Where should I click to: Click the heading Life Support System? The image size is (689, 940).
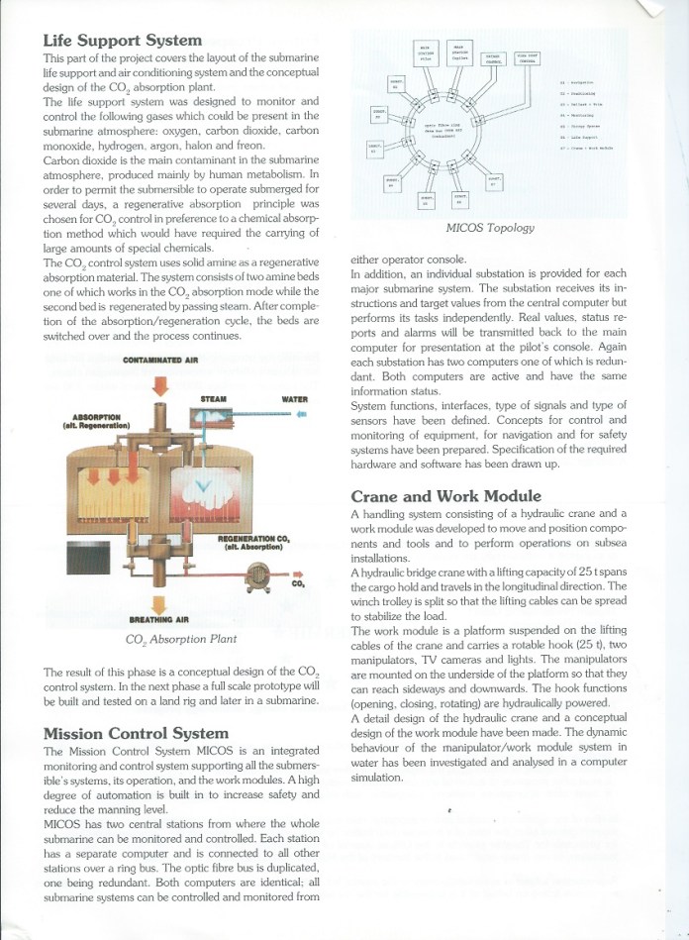[122, 41]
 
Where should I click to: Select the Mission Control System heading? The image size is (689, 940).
[135, 734]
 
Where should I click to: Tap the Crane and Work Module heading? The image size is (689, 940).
[445, 496]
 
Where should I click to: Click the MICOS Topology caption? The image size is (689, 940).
[490, 228]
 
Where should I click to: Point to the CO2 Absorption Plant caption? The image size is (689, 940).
[180, 639]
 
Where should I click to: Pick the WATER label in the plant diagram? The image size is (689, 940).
[294, 399]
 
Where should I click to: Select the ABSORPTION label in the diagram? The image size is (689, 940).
[90, 419]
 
